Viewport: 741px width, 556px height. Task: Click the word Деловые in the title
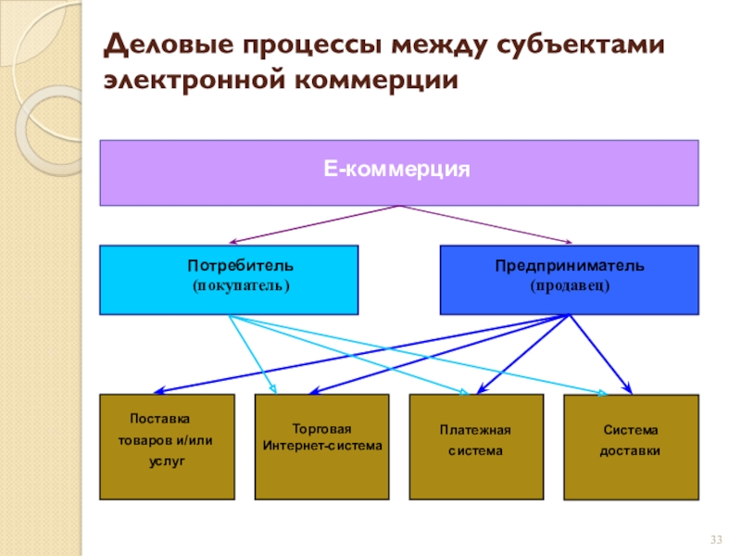pyautogui.click(x=169, y=45)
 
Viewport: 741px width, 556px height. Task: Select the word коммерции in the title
pyautogui.click(x=376, y=80)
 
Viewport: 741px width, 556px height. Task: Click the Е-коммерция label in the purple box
pyautogui.click(x=396, y=169)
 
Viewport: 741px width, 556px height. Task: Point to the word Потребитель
pyautogui.click(x=241, y=266)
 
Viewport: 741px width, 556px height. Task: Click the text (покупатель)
pyautogui.click(x=241, y=285)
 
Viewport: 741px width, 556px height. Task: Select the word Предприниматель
pyautogui.click(x=570, y=266)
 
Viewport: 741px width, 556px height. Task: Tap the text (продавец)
pyautogui.click(x=570, y=285)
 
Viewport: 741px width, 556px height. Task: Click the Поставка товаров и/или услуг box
pyautogui.click(x=167, y=447)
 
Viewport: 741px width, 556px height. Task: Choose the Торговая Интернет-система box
pyautogui.click(x=321, y=447)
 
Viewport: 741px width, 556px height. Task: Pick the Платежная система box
pyautogui.click(x=476, y=447)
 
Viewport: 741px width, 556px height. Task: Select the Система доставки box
pyautogui.click(x=632, y=448)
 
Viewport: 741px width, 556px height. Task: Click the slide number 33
pyautogui.click(x=716, y=539)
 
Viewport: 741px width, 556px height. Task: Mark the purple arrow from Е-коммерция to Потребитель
pyautogui.click(x=314, y=224)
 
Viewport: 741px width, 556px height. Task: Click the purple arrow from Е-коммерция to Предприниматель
pyautogui.click(x=485, y=224)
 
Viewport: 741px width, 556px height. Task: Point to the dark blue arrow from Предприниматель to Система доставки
pyautogui.click(x=600, y=354)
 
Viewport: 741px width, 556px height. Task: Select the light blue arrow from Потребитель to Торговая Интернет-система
pyautogui.click(x=252, y=354)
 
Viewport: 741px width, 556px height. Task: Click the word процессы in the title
pyautogui.click(x=312, y=45)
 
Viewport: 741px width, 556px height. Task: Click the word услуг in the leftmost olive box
pyautogui.click(x=167, y=461)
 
